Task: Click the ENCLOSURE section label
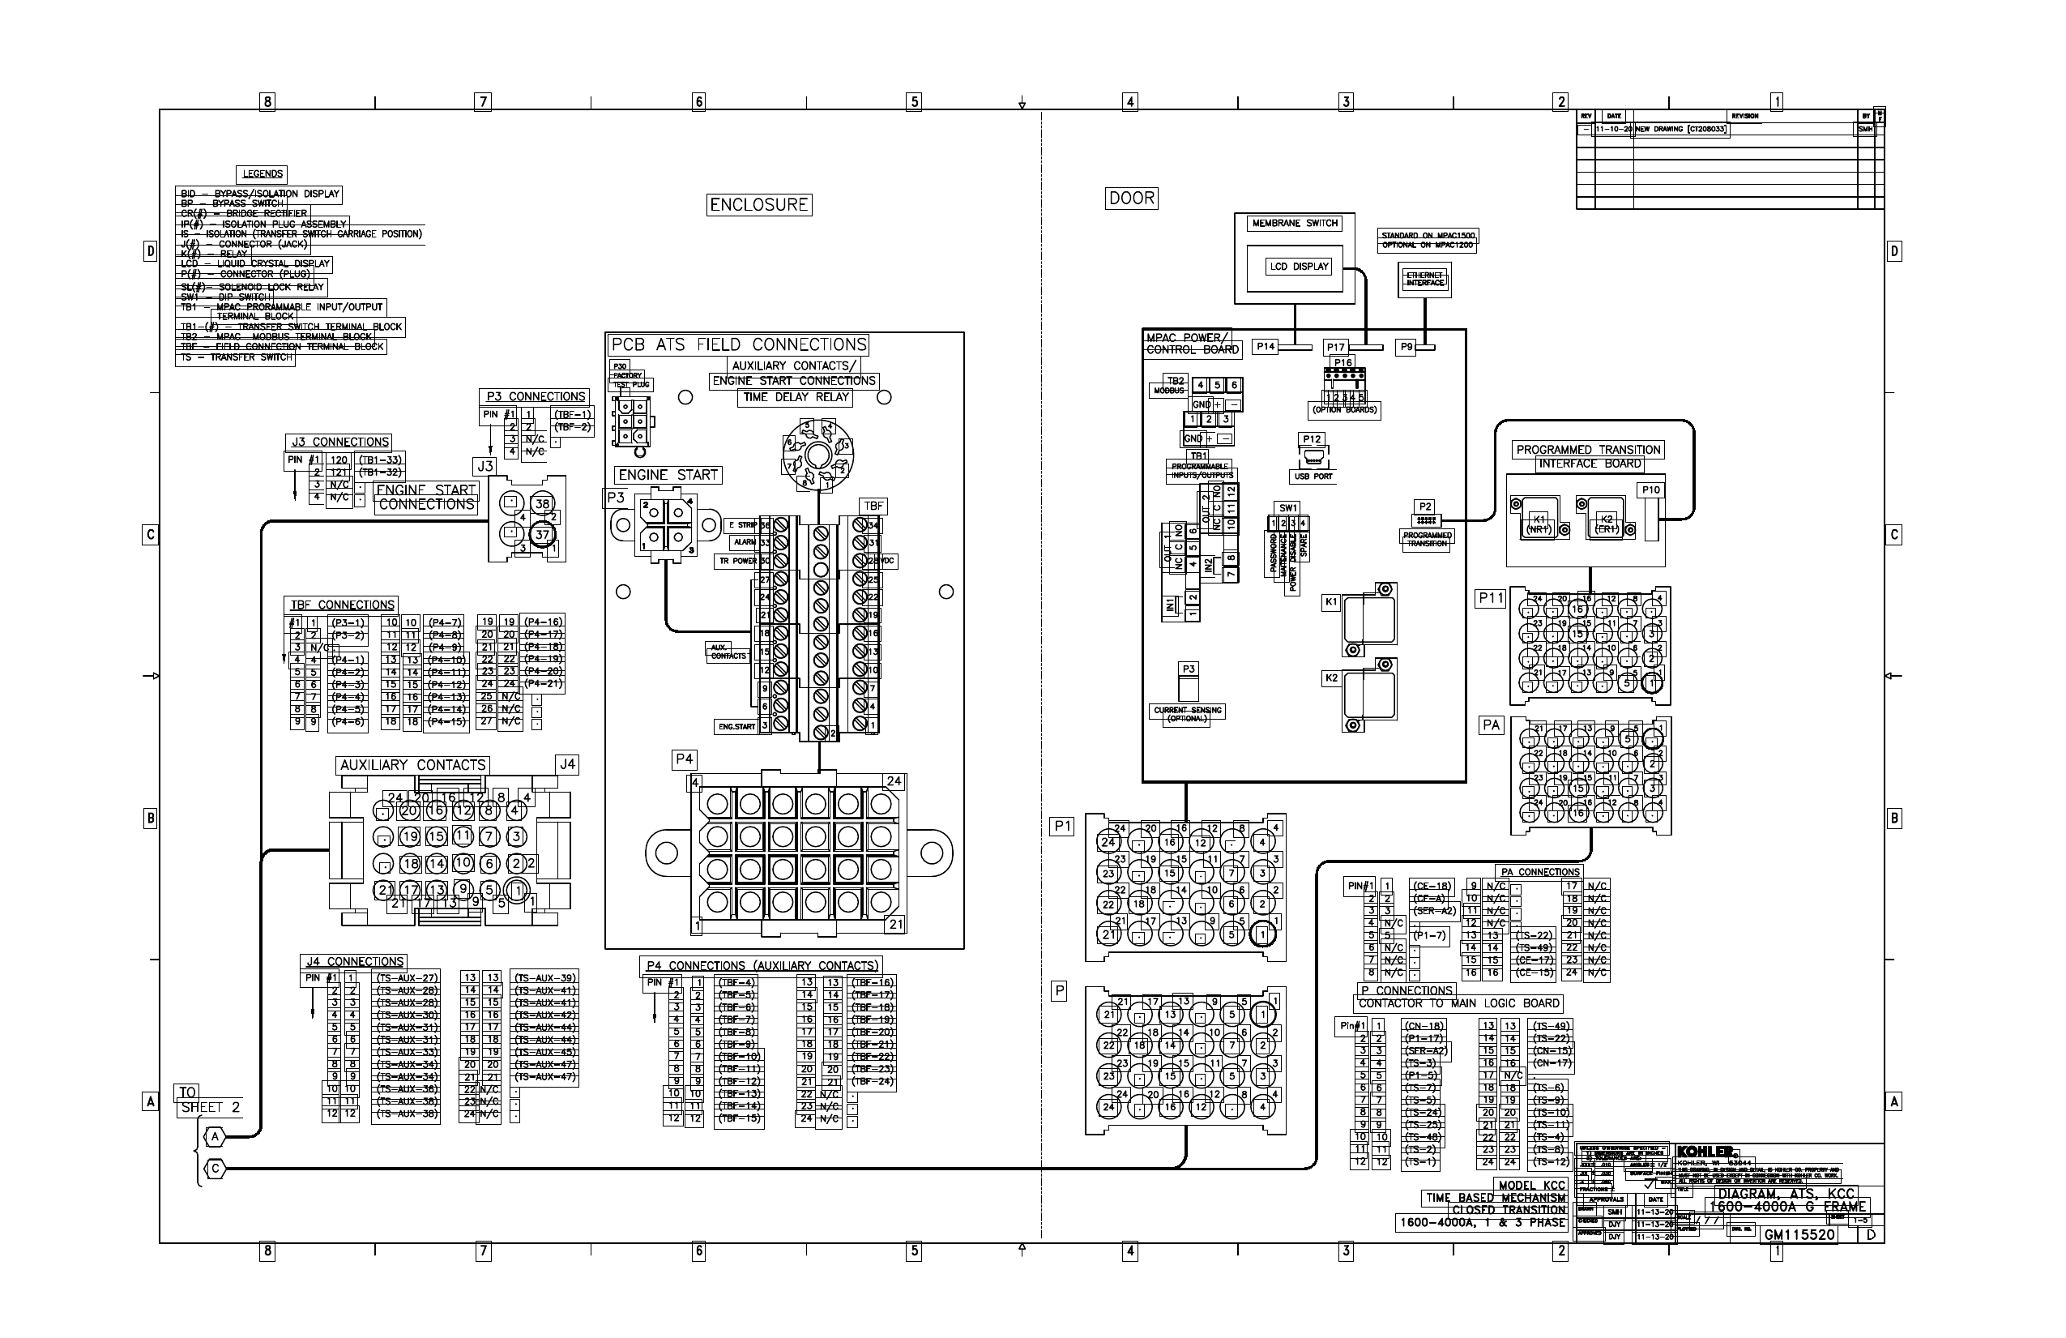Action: (758, 205)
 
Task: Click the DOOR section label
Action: (1131, 198)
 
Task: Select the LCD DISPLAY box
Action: (1299, 267)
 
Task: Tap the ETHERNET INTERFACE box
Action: (1424, 279)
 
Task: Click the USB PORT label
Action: (1313, 477)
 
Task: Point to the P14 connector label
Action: (1266, 346)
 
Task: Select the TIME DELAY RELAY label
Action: (795, 397)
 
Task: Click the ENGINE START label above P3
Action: (668, 475)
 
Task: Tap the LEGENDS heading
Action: (263, 173)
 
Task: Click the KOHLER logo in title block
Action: (1705, 1152)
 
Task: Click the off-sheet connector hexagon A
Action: (215, 1136)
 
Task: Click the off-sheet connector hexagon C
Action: (216, 1169)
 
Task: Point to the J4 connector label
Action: (567, 764)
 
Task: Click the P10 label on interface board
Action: (1650, 489)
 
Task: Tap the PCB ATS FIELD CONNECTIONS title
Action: (739, 344)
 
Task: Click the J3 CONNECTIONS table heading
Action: (339, 442)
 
